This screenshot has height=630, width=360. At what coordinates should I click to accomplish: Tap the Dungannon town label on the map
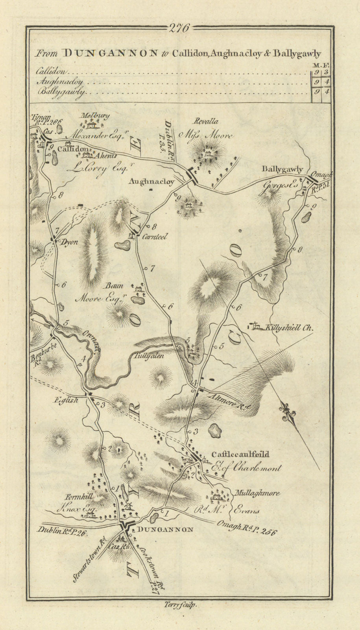pyautogui.click(x=164, y=530)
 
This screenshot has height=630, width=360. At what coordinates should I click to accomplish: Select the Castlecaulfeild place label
pyautogui.click(x=240, y=454)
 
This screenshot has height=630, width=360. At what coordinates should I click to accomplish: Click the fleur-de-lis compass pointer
pyautogui.click(x=287, y=414)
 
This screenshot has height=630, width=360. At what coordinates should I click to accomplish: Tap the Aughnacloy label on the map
pyautogui.click(x=151, y=182)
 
